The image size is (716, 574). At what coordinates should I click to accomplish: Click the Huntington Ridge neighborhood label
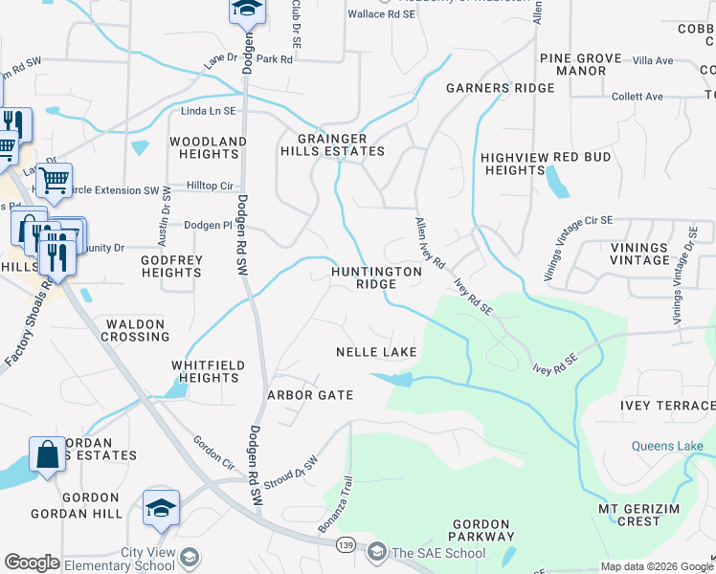pos(375,277)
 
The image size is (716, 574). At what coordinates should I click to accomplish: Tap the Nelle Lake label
pos(376,352)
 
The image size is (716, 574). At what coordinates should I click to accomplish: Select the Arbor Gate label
pos(310,395)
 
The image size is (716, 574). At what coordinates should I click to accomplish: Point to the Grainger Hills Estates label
pos(332,144)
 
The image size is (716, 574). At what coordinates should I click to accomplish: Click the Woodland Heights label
pos(208,147)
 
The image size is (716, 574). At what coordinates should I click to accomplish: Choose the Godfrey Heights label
pos(171,266)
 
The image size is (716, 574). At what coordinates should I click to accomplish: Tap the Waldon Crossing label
pos(135,330)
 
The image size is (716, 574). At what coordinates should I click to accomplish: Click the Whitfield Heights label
pos(208,371)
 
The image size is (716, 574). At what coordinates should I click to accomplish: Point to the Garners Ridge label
pos(500,88)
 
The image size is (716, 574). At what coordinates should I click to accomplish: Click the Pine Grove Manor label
pos(573,64)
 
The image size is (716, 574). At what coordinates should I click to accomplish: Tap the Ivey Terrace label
pos(667,406)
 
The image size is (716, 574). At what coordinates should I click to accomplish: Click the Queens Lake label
pos(666,446)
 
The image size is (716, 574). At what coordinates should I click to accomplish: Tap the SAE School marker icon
pos(376,551)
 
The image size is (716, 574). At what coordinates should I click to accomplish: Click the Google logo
pos(32,563)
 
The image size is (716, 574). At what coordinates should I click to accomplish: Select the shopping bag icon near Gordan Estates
pos(47,454)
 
